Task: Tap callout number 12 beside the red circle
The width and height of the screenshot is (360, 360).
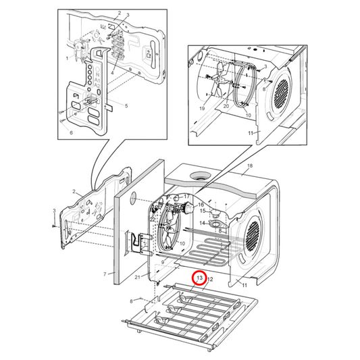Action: coord(210,278)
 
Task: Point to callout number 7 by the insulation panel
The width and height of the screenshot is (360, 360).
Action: coord(105,274)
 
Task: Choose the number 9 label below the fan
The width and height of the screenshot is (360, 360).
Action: coord(162,261)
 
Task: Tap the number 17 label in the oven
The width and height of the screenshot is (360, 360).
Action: coord(180,196)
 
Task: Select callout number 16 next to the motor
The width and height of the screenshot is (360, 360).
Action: coord(200,204)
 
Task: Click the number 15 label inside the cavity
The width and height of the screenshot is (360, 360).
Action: coord(201,211)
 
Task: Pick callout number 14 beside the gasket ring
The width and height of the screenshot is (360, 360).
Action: coord(201,223)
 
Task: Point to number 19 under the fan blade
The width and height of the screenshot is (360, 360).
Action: coord(202,108)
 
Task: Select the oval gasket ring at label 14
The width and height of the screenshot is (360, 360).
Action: coord(215,222)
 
